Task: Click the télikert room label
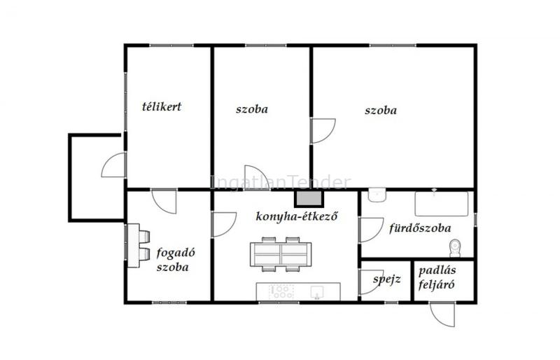pyautogui.click(x=162, y=106)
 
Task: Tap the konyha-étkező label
pyautogui.click(x=296, y=216)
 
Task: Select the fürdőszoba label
pyautogui.click(x=420, y=228)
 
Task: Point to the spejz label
pyautogui.click(x=387, y=279)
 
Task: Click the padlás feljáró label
pyautogui.click(x=437, y=277)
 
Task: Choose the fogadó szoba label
pyautogui.click(x=176, y=260)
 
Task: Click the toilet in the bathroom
pyautogui.click(x=455, y=248)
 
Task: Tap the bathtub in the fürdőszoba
pyautogui.click(x=442, y=204)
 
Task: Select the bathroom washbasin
pyautogui.click(x=377, y=195)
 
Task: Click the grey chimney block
pyautogui.click(x=309, y=198)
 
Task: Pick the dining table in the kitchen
pyautogui.click(x=281, y=254)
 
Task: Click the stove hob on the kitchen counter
pyautogui.click(x=281, y=291)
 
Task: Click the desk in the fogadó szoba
pyautogui.click(x=133, y=245)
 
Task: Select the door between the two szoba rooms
pyautogui.click(x=323, y=131)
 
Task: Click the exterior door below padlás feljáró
pyautogui.click(x=442, y=314)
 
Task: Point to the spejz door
pyautogui.click(x=371, y=282)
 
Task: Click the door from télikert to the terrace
pyautogui.click(x=113, y=165)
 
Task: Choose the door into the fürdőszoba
pyautogui.click(x=371, y=230)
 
